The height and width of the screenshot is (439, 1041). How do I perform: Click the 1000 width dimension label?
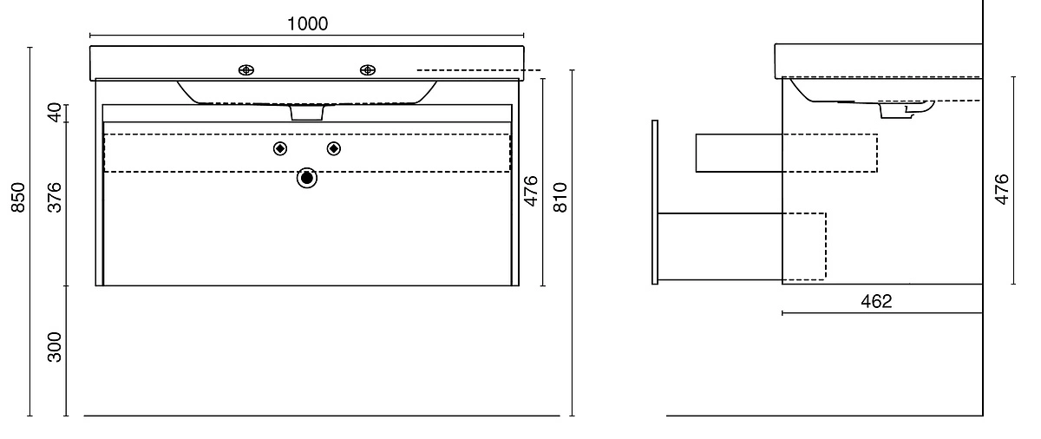[x=307, y=23]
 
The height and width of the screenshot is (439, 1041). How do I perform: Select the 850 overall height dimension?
[x=18, y=198]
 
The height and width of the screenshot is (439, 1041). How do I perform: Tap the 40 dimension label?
[x=55, y=113]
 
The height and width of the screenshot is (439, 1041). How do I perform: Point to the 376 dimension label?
[x=55, y=198]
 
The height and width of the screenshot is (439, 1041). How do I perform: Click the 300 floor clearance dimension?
[x=55, y=346]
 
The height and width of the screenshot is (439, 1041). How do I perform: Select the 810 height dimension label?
[x=560, y=198]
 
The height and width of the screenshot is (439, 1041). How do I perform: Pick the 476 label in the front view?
[x=530, y=191]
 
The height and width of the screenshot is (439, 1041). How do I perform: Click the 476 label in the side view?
[x=1001, y=189]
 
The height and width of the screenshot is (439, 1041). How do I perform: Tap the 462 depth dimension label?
[x=876, y=302]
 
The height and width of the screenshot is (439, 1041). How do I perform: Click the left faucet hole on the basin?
[x=246, y=70]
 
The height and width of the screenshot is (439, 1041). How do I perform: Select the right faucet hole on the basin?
[x=368, y=70]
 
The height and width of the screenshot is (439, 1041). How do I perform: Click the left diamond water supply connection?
[x=279, y=148]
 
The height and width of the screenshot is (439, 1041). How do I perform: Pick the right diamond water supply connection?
[x=334, y=148]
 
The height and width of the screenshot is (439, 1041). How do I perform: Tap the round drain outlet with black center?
[x=307, y=178]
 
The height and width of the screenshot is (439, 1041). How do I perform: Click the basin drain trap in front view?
[x=307, y=113]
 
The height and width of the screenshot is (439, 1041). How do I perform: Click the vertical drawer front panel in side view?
[x=655, y=202]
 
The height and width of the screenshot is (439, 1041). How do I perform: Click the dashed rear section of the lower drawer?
[x=804, y=246]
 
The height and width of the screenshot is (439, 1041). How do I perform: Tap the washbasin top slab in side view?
[x=878, y=61]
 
